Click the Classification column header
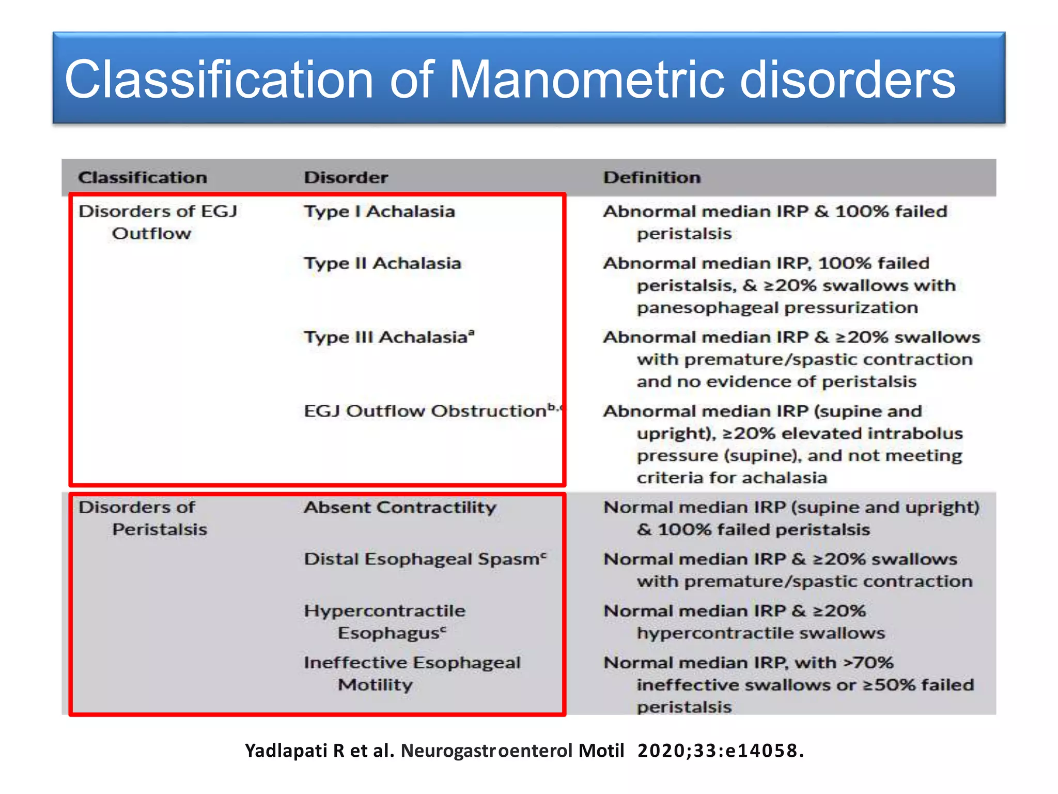pyautogui.click(x=143, y=177)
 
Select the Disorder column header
pyautogui.click(x=346, y=177)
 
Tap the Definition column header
pyautogui.click(x=652, y=177)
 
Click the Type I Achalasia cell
pyautogui.click(x=379, y=211)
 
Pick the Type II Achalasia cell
pyautogui.click(x=382, y=263)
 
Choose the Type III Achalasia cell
pyautogui.click(x=388, y=337)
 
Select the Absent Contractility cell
pyautogui.click(x=400, y=507)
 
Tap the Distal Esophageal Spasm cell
pyautogui.click(x=424, y=559)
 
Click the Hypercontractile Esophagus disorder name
pyautogui.click(x=385, y=621)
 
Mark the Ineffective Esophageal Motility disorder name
pyautogui.click(x=412, y=673)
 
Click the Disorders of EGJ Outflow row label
pyautogui.click(x=158, y=222)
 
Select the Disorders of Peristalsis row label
pyautogui.click(x=142, y=518)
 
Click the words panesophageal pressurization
pyautogui.click(x=777, y=308)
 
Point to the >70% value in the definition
pyautogui.click(x=868, y=662)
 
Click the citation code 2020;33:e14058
pyautogui.click(x=720, y=751)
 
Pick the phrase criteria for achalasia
pyautogui.click(x=732, y=478)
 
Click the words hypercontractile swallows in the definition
pyautogui.click(x=760, y=633)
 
